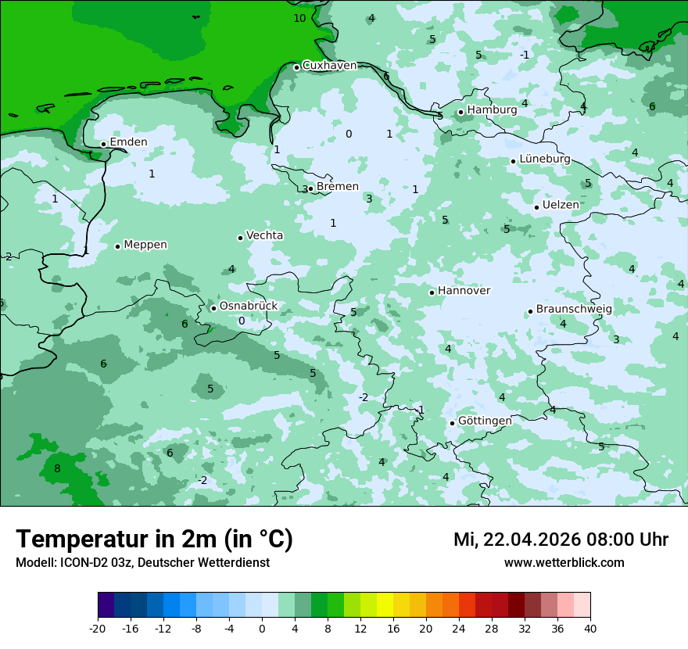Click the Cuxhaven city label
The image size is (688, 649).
(x=329, y=66)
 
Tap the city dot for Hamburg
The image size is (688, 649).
(x=461, y=112)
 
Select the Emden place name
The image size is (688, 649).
(x=128, y=142)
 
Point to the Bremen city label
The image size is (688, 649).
(x=338, y=187)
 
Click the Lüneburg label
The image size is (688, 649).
(x=545, y=159)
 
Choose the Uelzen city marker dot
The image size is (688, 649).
(x=537, y=207)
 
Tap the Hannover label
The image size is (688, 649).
(x=464, y=291)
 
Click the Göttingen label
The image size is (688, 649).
(x=485, y=421)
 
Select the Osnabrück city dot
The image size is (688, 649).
(x=213, y=308)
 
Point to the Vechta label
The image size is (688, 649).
(x=264, y=235)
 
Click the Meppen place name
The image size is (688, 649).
(x=145, y=245)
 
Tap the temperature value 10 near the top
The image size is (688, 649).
(x=299, y=18)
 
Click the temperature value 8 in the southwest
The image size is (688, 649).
(x=57, y=469)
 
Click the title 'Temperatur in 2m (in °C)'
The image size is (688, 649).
(x=154, y=540)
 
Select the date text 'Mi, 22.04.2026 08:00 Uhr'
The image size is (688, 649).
(x=561, y=540)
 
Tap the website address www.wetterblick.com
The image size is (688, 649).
(x=564, y=563)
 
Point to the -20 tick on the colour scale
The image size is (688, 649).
(x=98, y=628)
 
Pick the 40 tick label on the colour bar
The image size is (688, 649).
(x=590, y=628)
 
